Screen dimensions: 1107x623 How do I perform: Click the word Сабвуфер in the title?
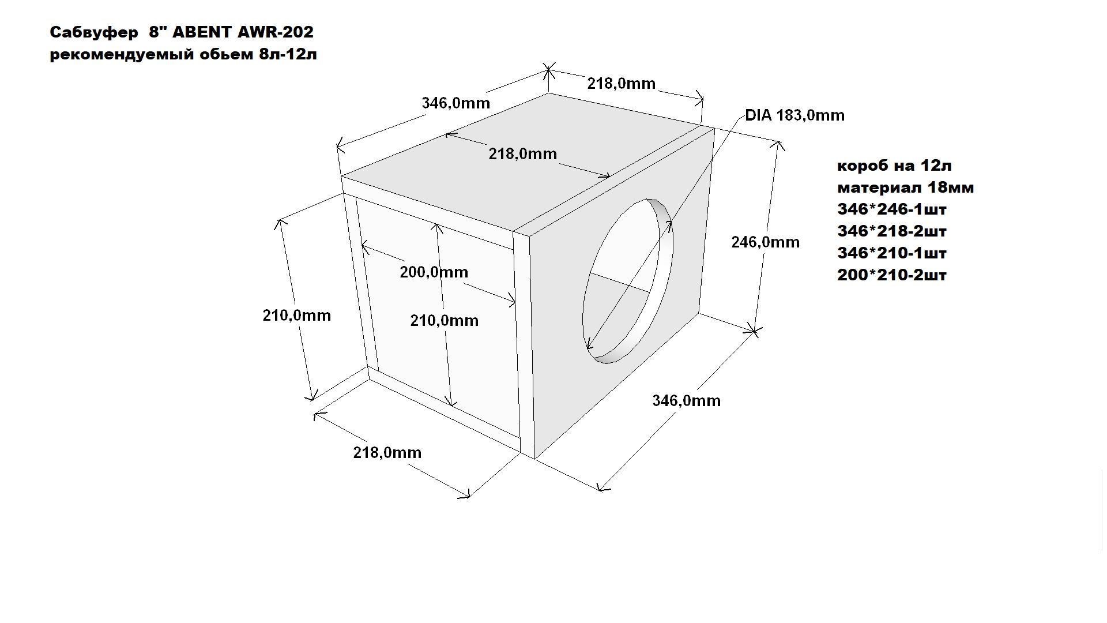pyautogui.click(x=94, y=33)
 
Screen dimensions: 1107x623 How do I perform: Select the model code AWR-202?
pyautogui.click(x=275, y=32)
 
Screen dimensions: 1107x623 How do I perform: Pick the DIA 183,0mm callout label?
pyautogui.click(x=795, y=115)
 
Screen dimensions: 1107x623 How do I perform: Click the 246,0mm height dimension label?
pyautogui.click(x=765, y=242)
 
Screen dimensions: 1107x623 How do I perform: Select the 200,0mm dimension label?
pyautogui.click(x=434, y=272)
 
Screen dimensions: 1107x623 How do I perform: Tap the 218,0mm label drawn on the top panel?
pyautogui.click(x=522, y=154)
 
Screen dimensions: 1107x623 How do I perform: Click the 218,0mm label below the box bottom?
pyautogui.click(x=387, y=453)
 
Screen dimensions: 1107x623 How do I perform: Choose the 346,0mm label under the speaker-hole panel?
pyautogui.click(x=686, y=401)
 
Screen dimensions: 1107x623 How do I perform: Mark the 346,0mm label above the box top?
pyautogui.click(x=455, y=103)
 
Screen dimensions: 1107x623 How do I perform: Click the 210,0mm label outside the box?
pyautogui.click(x=296, y=316)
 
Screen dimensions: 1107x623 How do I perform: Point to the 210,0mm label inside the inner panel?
pyautogui.click(x=444, y=321)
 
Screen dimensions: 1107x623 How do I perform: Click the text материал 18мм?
pyautogui.click(x=905, y=187)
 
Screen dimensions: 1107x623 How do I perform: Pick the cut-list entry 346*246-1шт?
pyautogui.click(x=891, y=209)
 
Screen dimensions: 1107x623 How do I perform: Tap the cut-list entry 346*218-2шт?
pyautogui.click(x=891, y=231)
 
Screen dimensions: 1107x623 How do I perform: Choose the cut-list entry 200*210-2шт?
pyautogui.click(x=891, y=275)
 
